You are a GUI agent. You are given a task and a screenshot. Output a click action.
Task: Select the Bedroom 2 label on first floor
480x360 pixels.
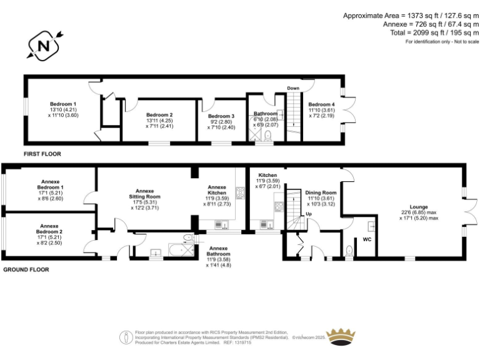(159, 115)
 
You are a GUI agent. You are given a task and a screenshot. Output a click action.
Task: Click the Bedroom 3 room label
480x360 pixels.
(221, 116)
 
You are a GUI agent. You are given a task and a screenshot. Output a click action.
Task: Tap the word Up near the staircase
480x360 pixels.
(308, 214)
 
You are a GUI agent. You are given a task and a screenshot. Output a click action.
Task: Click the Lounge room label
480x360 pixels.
(419, 206)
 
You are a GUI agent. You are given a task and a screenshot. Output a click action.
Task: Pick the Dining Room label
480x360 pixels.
(321, 193)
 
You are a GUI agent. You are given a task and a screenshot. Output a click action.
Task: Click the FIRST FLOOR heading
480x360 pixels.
(42, 153)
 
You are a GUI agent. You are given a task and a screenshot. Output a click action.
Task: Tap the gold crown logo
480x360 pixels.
(341, 336)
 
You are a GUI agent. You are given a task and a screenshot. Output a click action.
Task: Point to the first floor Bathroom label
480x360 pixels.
(266, 114)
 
